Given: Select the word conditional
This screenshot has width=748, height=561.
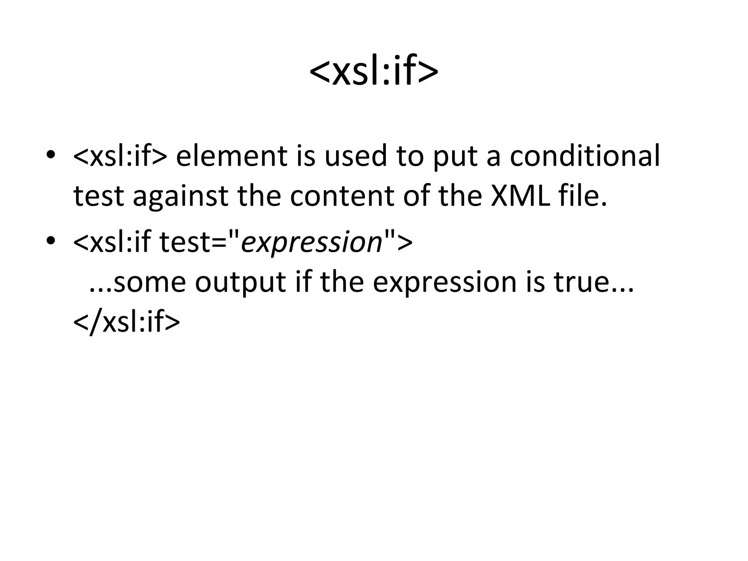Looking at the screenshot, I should coord(584,156).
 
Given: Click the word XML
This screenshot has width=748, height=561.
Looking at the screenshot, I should coord(520,196).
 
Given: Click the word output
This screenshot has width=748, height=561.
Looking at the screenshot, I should coord(240,283).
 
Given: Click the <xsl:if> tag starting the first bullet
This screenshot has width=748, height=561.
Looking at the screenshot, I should coord(120,156).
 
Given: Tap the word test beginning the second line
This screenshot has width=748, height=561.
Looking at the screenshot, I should coord(99,196).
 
